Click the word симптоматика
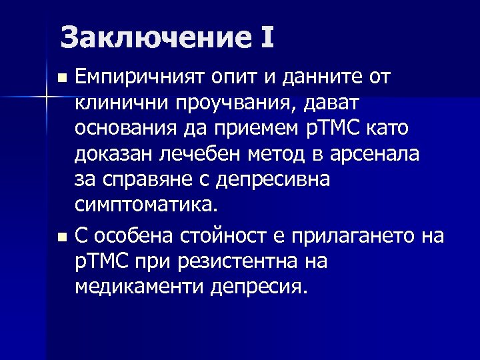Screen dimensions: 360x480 click(146, 203)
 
